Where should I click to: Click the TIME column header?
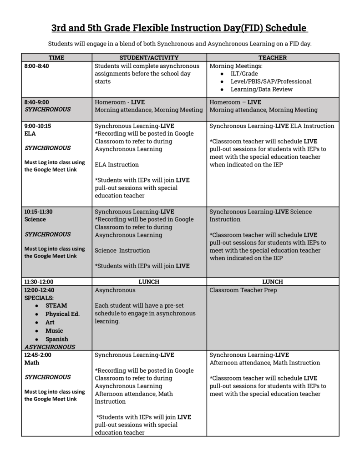click(56, 57)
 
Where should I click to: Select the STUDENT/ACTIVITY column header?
click(149, 57)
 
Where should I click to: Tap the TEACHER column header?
click(273, 57)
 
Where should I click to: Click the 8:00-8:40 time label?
click(36, 66)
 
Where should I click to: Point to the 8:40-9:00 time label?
click(36, 102)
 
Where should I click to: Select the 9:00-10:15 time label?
click(38, 126)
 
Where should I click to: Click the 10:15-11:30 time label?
click(39, 212)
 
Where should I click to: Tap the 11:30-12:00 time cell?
click(39, 282)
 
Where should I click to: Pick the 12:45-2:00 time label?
click(38, 355)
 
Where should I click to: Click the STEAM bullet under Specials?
click(56, 306)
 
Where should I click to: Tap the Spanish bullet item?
click(56, 339)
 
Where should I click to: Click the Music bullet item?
click(54, 331)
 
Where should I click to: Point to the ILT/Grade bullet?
click(244, 74)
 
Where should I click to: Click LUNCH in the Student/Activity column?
click(149, 282)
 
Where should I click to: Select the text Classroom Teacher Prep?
click(243, 290)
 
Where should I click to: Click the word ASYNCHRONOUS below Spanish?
click(50, 347)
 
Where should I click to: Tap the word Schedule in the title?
click(285, 28)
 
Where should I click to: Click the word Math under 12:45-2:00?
click(31, 363)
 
